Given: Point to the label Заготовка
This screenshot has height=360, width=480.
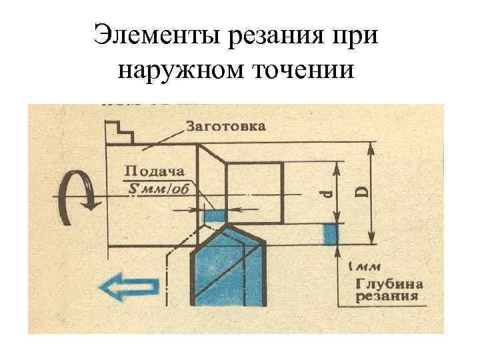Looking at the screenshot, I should (x=225, y=126).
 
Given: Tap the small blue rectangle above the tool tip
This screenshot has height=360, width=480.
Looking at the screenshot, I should (x=215, y=215).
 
